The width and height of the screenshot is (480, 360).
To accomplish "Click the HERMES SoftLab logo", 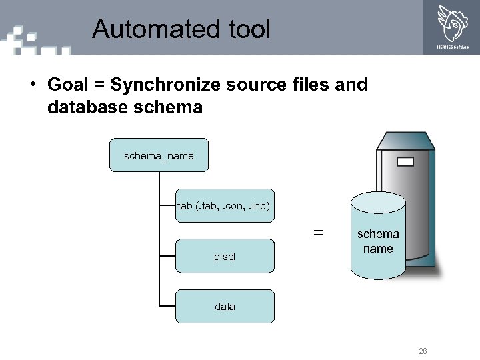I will click(453, 27).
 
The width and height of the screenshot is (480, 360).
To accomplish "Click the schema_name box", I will click(159, 155).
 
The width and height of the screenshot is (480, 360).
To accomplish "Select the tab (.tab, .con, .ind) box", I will click(224, 206).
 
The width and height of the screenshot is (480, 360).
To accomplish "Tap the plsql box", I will click(225, 256).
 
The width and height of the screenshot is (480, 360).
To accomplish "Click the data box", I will click(225, 307).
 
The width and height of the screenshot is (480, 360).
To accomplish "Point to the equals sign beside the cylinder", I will click(319, 233).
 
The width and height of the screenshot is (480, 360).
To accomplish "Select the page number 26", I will click(423, 351).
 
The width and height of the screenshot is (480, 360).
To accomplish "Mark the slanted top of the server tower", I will click(405, 140).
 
